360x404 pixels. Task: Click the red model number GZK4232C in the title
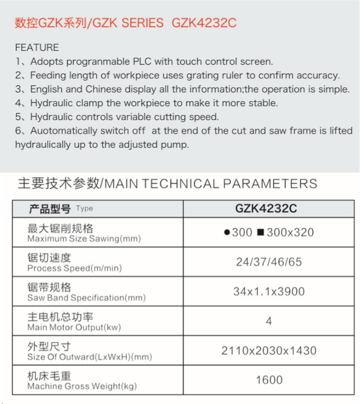(204, 23)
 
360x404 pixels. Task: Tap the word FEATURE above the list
(37, 47)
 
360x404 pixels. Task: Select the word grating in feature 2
(195, 76)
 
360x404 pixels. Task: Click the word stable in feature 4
(263, 103)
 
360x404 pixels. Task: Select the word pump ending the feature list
(176, 145)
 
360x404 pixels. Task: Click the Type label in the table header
(84, 209)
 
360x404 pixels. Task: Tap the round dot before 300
(227, 233)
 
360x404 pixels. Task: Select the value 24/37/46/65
(268, 262)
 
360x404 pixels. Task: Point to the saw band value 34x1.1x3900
(268, 292)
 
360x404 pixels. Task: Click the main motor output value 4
(268, 321)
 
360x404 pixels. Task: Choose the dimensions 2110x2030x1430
(268, 351)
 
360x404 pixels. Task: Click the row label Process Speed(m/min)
(75, 268)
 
